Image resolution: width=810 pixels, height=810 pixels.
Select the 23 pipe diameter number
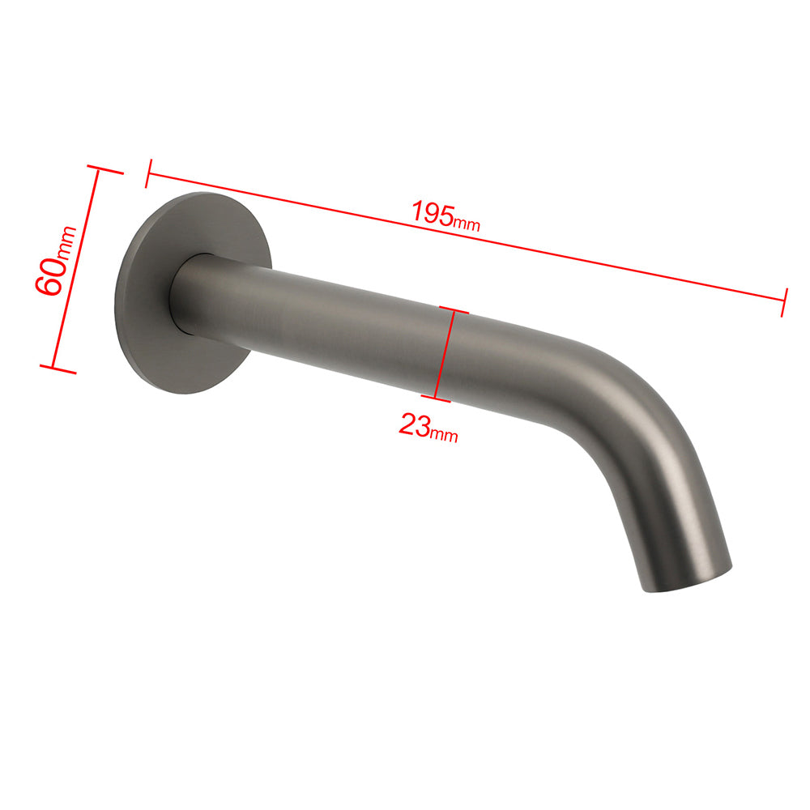(x=414, y=424)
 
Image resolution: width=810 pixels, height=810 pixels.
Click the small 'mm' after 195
(x=467, y=224)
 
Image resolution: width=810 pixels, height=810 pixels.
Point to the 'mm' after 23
(x=444, y=436)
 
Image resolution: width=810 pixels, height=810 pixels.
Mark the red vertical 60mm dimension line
(x=76, y=270)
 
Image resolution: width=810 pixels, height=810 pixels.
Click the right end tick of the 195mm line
(x=784, y=301)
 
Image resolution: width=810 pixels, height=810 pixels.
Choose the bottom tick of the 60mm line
(x=57, y=369)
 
